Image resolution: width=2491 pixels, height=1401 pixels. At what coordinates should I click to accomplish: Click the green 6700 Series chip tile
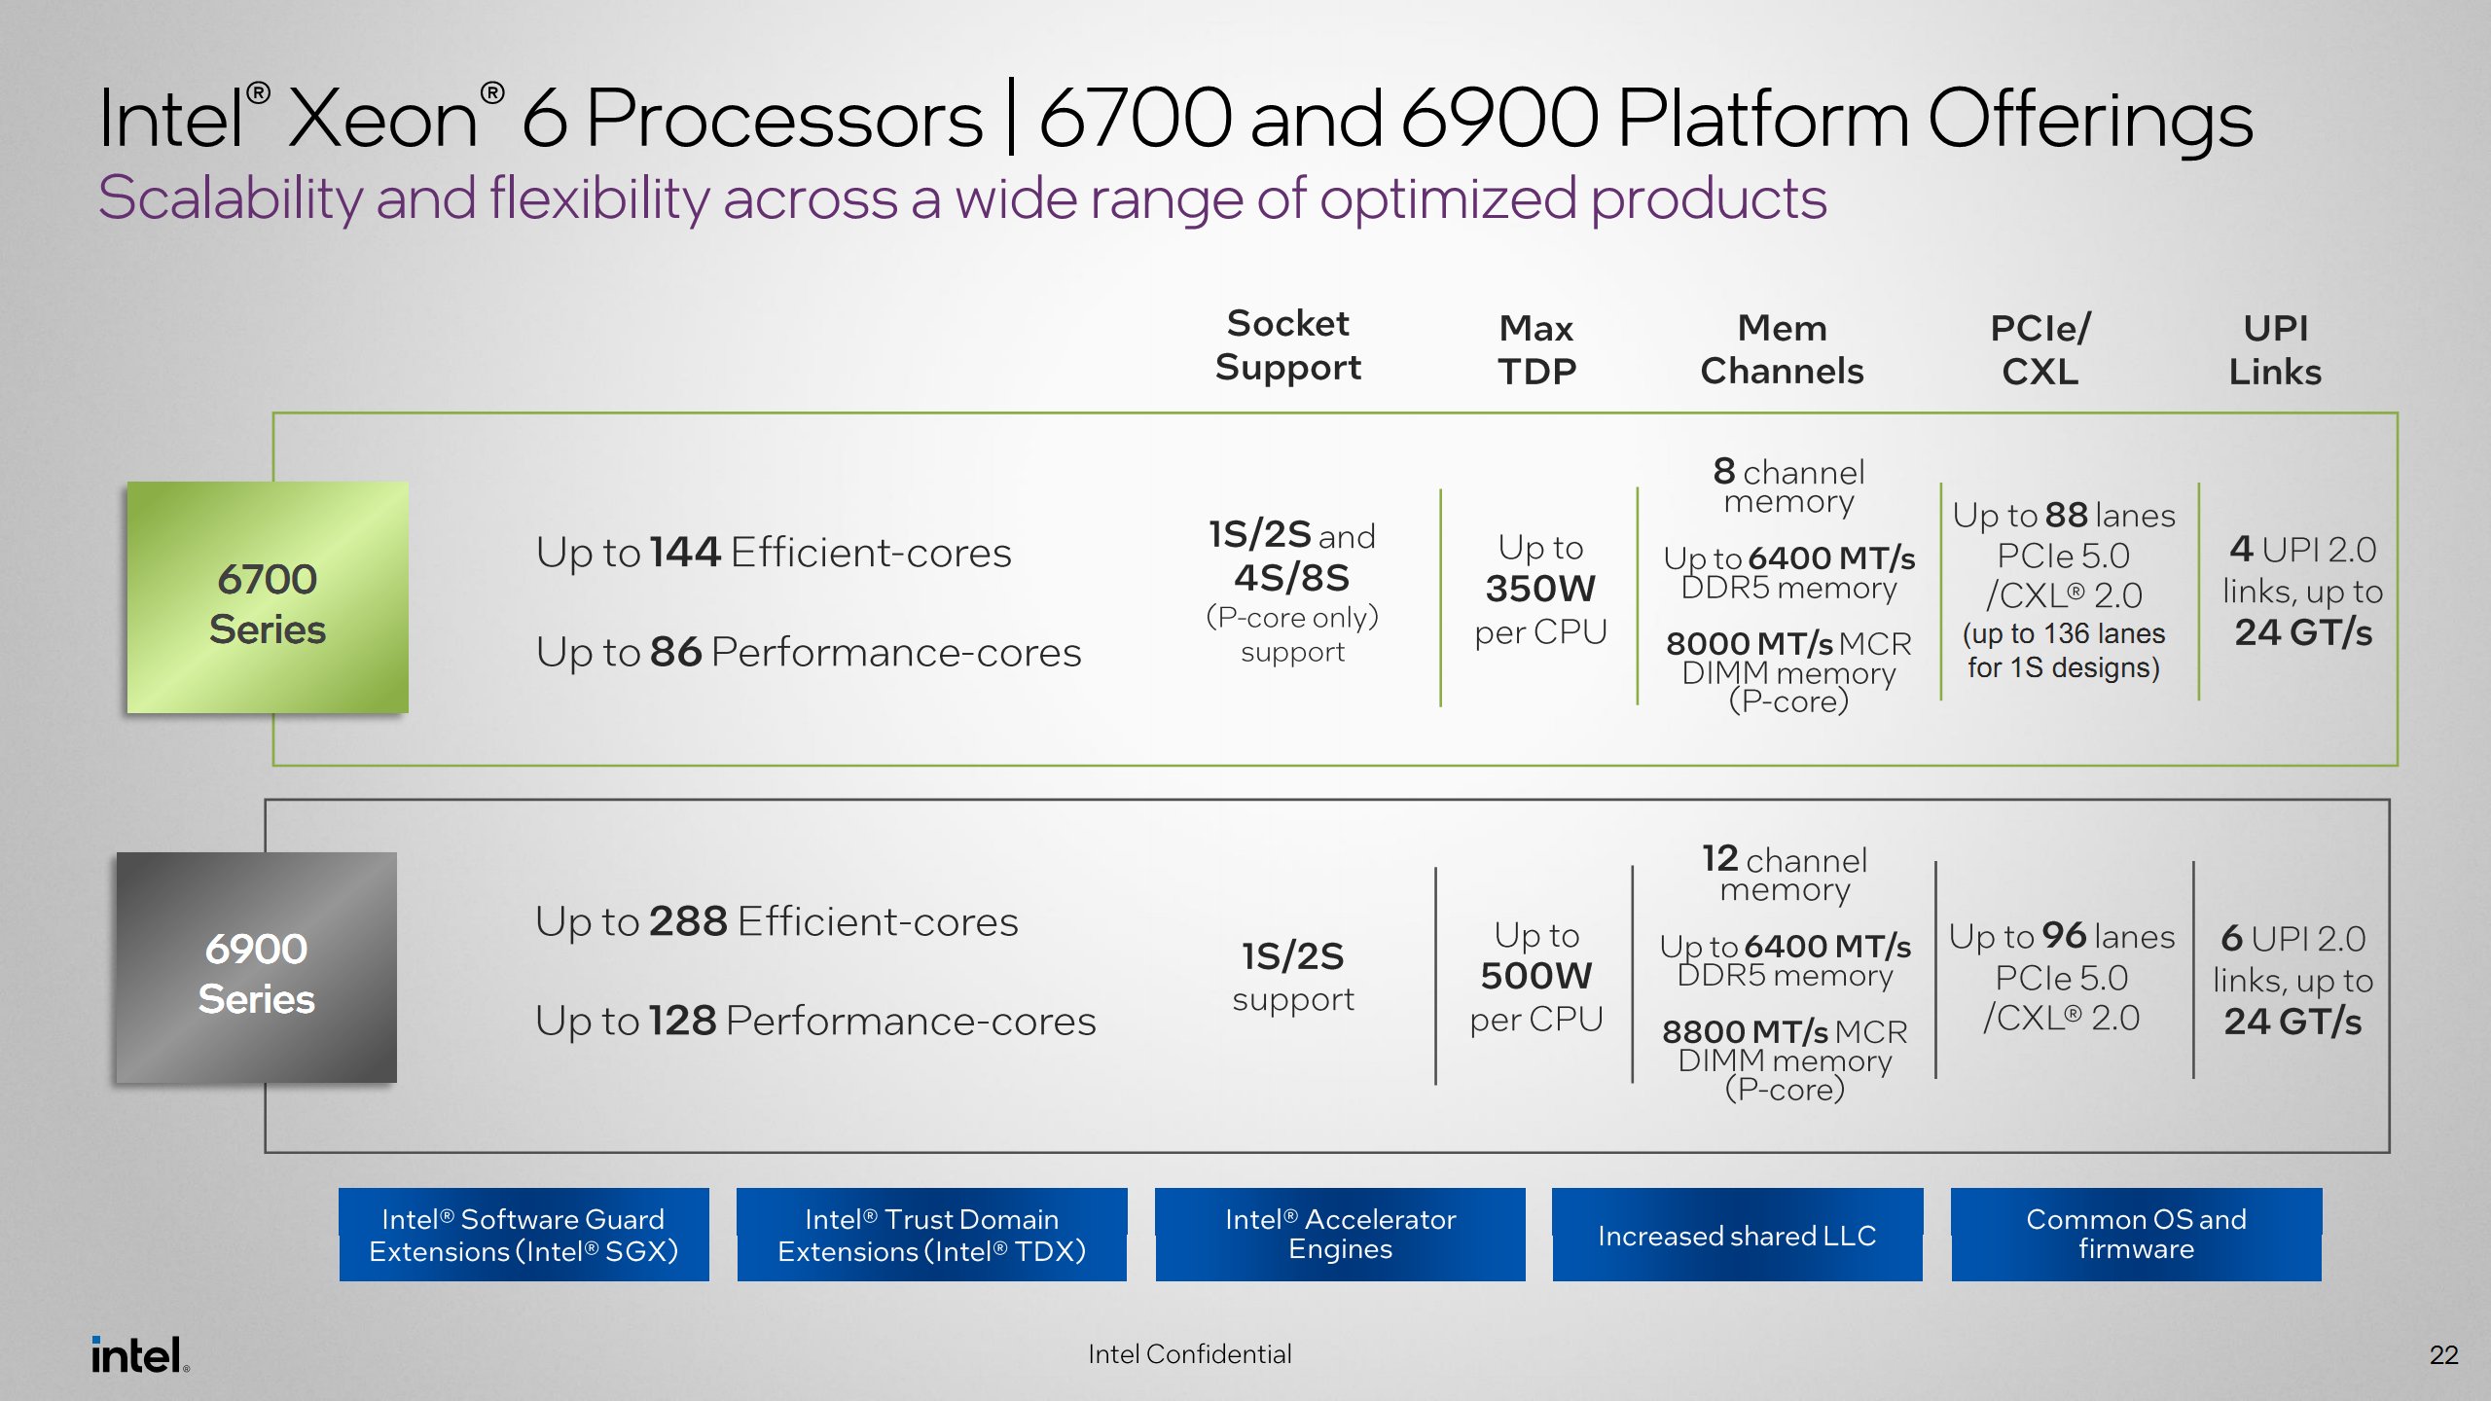click(268, 597)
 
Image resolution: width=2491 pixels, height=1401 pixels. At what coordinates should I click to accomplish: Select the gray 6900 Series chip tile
click(257, 968)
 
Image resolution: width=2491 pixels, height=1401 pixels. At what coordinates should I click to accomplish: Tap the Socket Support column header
click(1287, 345)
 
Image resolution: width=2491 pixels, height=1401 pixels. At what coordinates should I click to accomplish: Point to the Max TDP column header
click(1536, 349)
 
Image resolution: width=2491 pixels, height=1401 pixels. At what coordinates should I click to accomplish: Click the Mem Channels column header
click(1782, 349)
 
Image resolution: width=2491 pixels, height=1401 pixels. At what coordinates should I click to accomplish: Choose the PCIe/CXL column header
click(2040, 349)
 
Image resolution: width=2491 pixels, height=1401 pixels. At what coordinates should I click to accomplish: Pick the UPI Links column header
click(2275, 349)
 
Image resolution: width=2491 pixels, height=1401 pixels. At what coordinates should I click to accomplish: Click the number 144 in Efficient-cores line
click(686, 552)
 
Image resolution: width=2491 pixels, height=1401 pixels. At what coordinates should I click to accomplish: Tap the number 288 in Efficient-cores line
click(688, 921)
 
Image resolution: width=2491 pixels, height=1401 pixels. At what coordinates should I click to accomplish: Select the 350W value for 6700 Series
click(1540, 589)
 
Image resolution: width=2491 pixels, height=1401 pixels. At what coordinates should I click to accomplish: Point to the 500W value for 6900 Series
click(1536, 976)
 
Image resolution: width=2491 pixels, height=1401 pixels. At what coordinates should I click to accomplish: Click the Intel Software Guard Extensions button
click(523, 1235)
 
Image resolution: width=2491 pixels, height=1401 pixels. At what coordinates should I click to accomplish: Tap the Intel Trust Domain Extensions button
click(931, 1235)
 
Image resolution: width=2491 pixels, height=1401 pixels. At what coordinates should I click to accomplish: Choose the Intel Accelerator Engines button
click(1340, 1235)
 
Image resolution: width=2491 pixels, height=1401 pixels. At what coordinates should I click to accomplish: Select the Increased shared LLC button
click(1737, 1235)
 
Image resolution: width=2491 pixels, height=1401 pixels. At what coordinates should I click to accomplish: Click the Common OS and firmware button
click(2136, 1235)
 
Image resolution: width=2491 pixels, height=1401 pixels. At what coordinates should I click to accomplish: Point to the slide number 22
click(2443, 1354)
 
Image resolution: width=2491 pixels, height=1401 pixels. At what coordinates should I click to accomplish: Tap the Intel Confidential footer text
click(1189, 1353)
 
